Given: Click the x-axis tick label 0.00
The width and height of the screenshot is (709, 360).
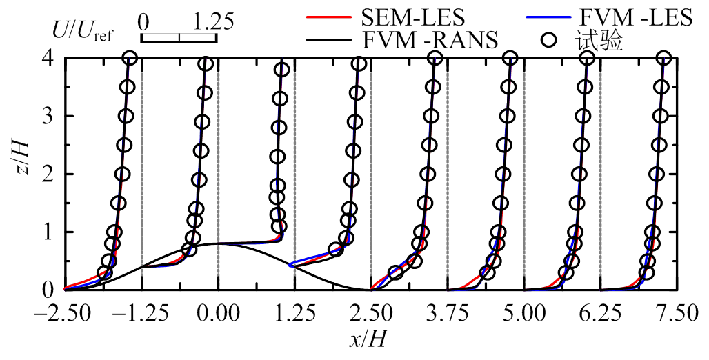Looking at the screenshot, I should pyautogui.click(x=218, y=314).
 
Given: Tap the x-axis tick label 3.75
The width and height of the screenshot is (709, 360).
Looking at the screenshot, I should pyautogui.click(x=448, y=314).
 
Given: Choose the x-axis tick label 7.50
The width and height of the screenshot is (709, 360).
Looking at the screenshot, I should pyautogui.click(x=677, y=314).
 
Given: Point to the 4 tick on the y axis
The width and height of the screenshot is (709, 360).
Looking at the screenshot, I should pyautogui.click(x=48, y=59).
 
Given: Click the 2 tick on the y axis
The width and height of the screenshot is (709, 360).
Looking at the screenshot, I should pyautogui.click(x=48, y=174).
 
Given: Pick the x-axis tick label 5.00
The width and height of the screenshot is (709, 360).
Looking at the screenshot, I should pyautogui.click(x=524, y=314).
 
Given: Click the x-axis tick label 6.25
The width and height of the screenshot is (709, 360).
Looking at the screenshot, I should pyautogui.click(x=600, y=314).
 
